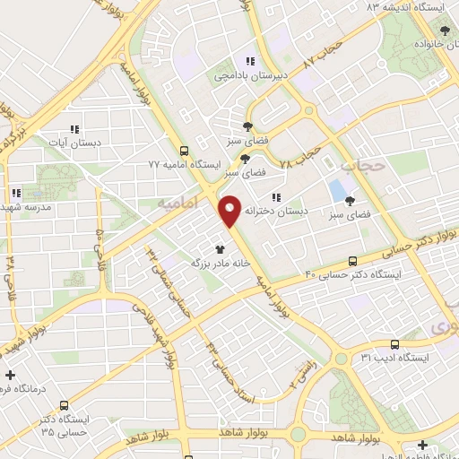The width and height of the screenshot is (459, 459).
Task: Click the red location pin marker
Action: (x=229, y=212)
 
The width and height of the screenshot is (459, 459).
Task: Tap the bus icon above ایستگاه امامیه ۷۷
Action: (x=184, y=151)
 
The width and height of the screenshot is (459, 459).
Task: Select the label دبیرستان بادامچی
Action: (x=250, y=76)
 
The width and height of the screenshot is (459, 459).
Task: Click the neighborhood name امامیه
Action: (x=176, y=205)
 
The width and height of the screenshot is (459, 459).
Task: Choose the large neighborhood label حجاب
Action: (x=362, y=165)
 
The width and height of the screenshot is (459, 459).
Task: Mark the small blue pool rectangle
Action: (x=336, y=190)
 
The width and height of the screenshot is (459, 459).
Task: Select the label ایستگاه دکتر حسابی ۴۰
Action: (x=349, y=273)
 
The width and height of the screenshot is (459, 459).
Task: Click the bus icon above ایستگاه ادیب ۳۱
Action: (x=394, y=344)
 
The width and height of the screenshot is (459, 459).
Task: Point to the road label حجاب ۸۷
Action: (x=324, y=56)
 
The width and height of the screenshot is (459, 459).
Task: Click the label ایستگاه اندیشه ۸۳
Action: (x=398, y=7)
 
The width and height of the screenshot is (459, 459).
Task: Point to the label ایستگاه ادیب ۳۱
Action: (x=396, y=358)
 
